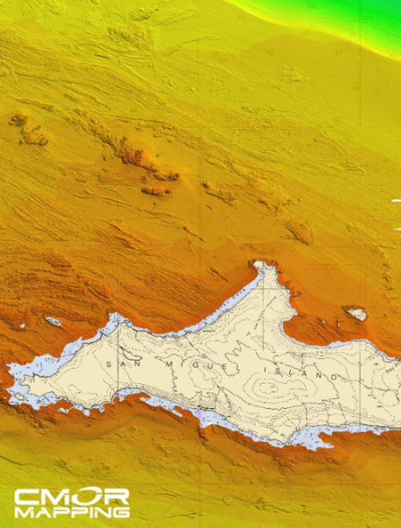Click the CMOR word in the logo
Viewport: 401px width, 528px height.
(72, 497)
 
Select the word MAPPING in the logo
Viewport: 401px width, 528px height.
(72, 513)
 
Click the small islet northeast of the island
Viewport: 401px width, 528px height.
(356, 313)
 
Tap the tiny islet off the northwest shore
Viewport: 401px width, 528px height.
(55, 321)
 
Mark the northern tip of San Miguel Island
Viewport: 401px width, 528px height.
(262, 265)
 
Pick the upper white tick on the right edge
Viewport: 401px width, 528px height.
(396, 202)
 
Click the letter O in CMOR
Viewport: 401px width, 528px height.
(86, 497)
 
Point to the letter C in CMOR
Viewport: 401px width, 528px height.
(25, 497)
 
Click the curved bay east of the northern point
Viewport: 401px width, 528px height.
(313, 336)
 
